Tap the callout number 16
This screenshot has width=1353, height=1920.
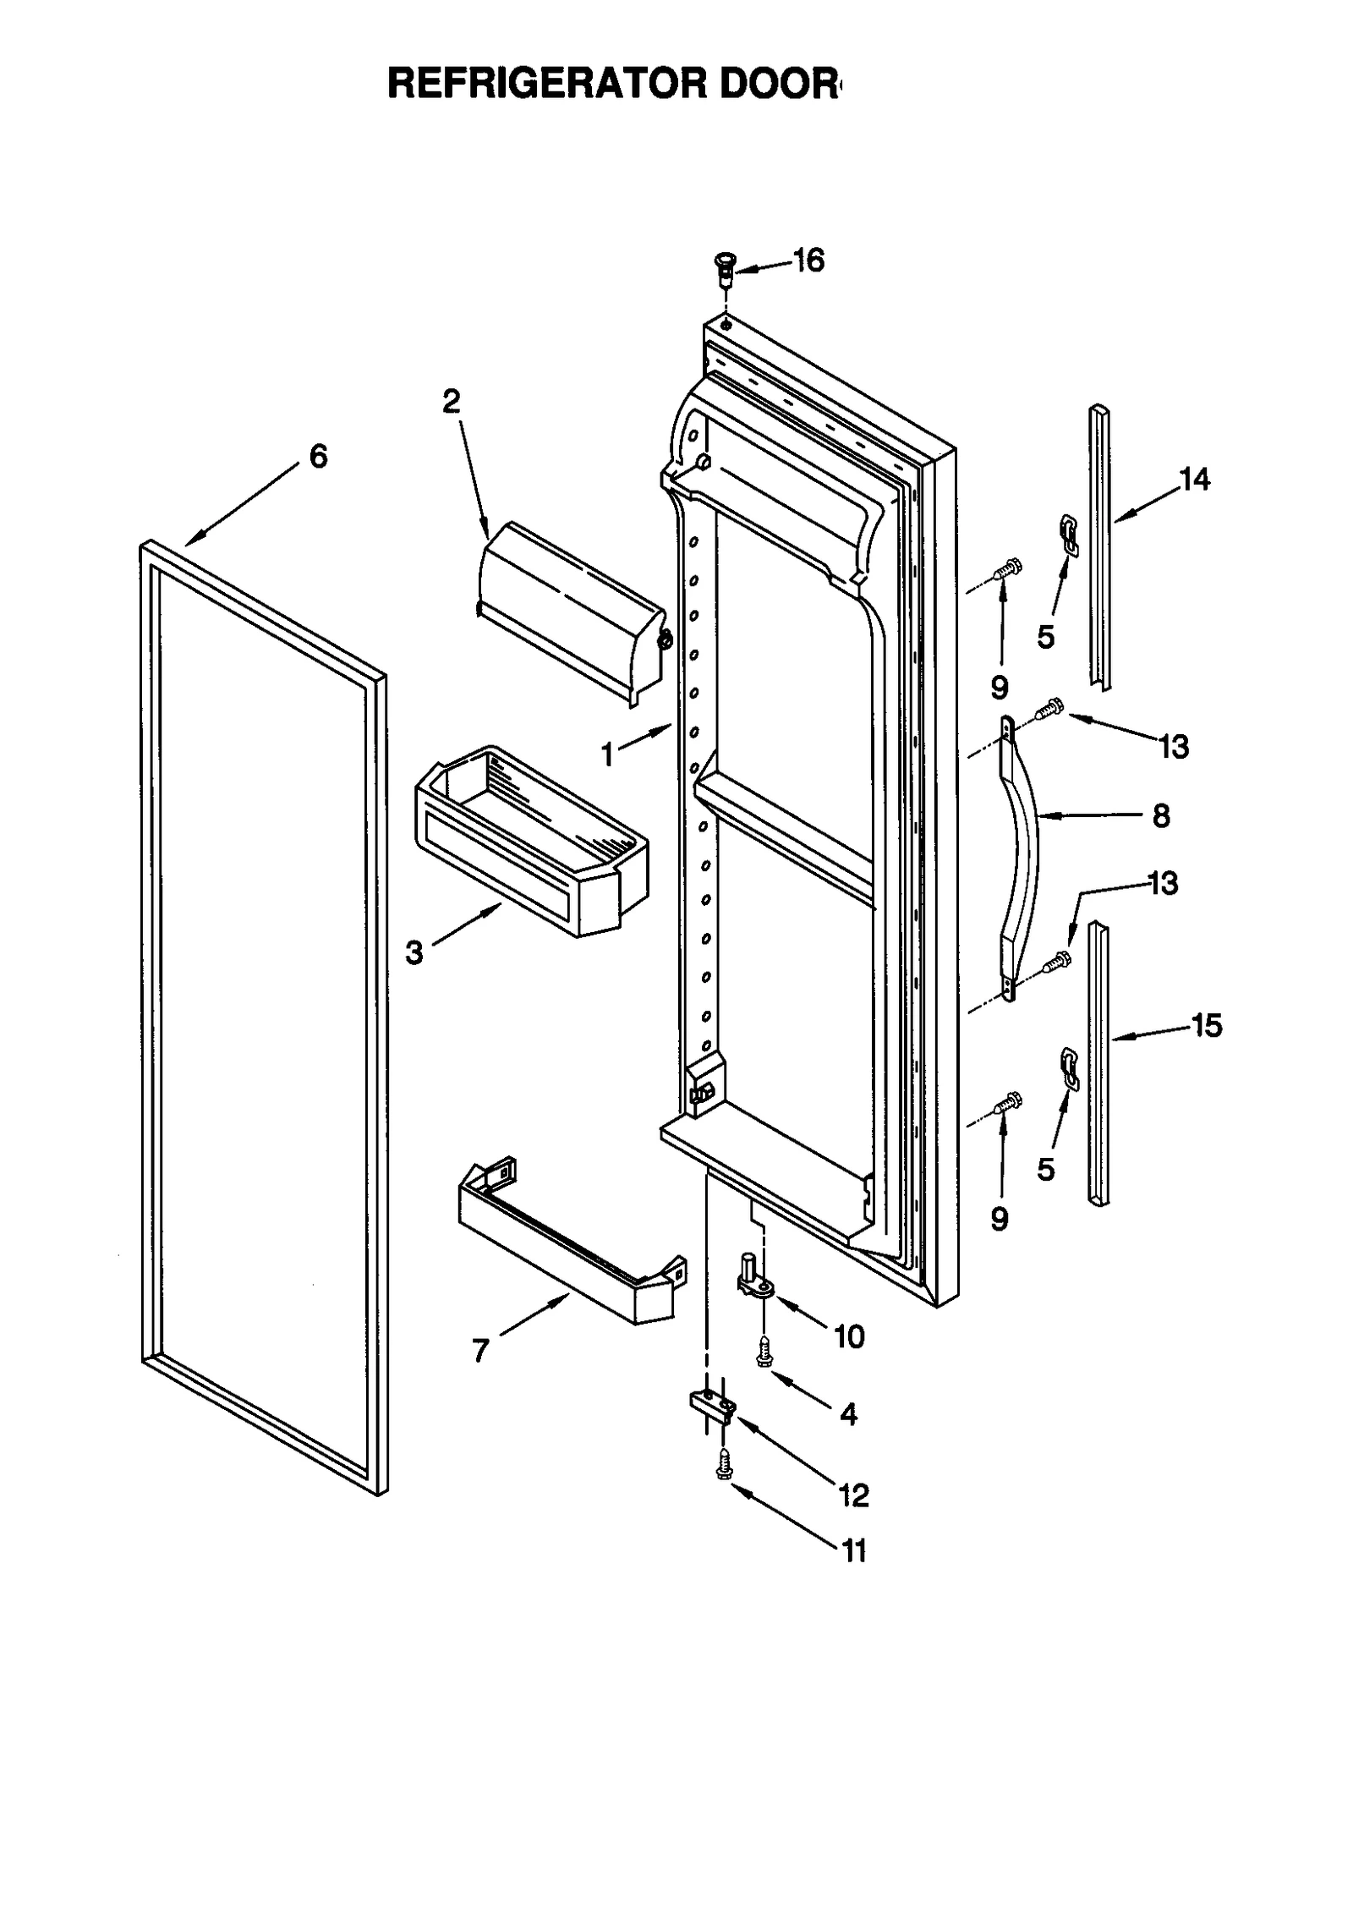(x=808, y=261)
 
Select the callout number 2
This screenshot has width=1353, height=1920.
(x=452, y=401)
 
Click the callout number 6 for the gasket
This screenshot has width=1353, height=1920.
(x=318, y=457)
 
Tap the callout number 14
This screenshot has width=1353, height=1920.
(x=1195, y=480)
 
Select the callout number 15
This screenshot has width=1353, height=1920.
(x=1207, y=1026)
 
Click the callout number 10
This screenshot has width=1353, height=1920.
(x=849, y=1336)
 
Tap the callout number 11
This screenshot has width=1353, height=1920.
(x=854, y=1551)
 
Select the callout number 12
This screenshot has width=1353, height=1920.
(x=854, y=1495)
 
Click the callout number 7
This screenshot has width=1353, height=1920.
(x=480, y=1351)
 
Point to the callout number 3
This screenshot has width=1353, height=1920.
(x=414, y=953)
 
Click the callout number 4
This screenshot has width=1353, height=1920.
(x=848, y=1413)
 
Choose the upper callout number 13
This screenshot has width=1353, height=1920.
(x=1174, y=747)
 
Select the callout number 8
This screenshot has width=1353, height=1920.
(x=1161, y=816)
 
